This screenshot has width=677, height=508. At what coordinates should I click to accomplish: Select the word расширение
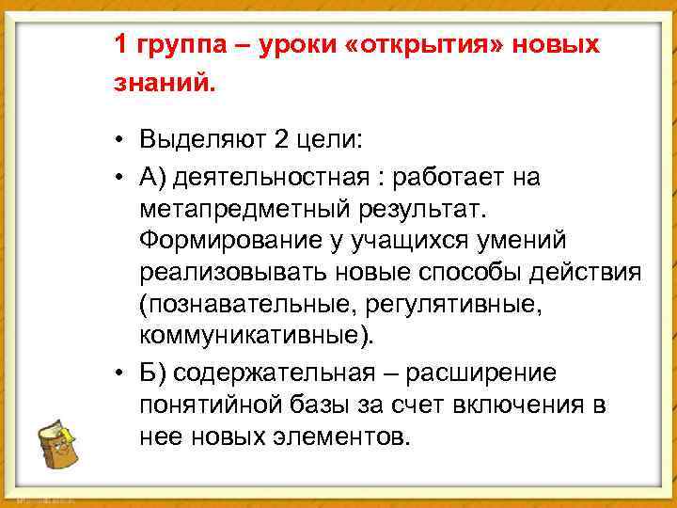(x=483, y=373)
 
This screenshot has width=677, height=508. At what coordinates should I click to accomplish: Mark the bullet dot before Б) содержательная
(x=123, y=373)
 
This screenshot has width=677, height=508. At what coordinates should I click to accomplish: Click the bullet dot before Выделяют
(x=123, y=142)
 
